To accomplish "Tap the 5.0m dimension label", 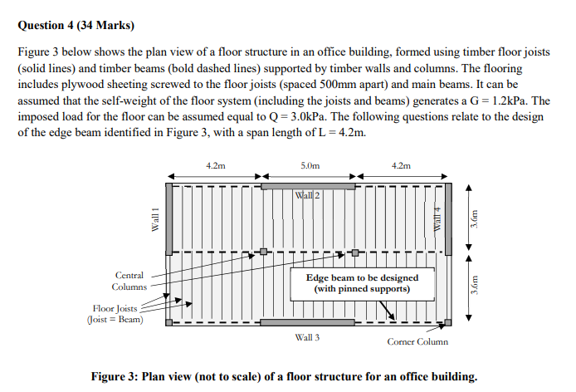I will click(x=309, y=166).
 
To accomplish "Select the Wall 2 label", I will click(x=307, y=195).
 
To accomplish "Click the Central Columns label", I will click(x=129, y=281).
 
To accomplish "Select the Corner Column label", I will click(x=417, y=341).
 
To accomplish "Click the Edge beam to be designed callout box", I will click(x=362, y=283).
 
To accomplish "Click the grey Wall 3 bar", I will click(x=307, y=322).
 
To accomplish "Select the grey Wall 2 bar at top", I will click(x=307, y=186).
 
